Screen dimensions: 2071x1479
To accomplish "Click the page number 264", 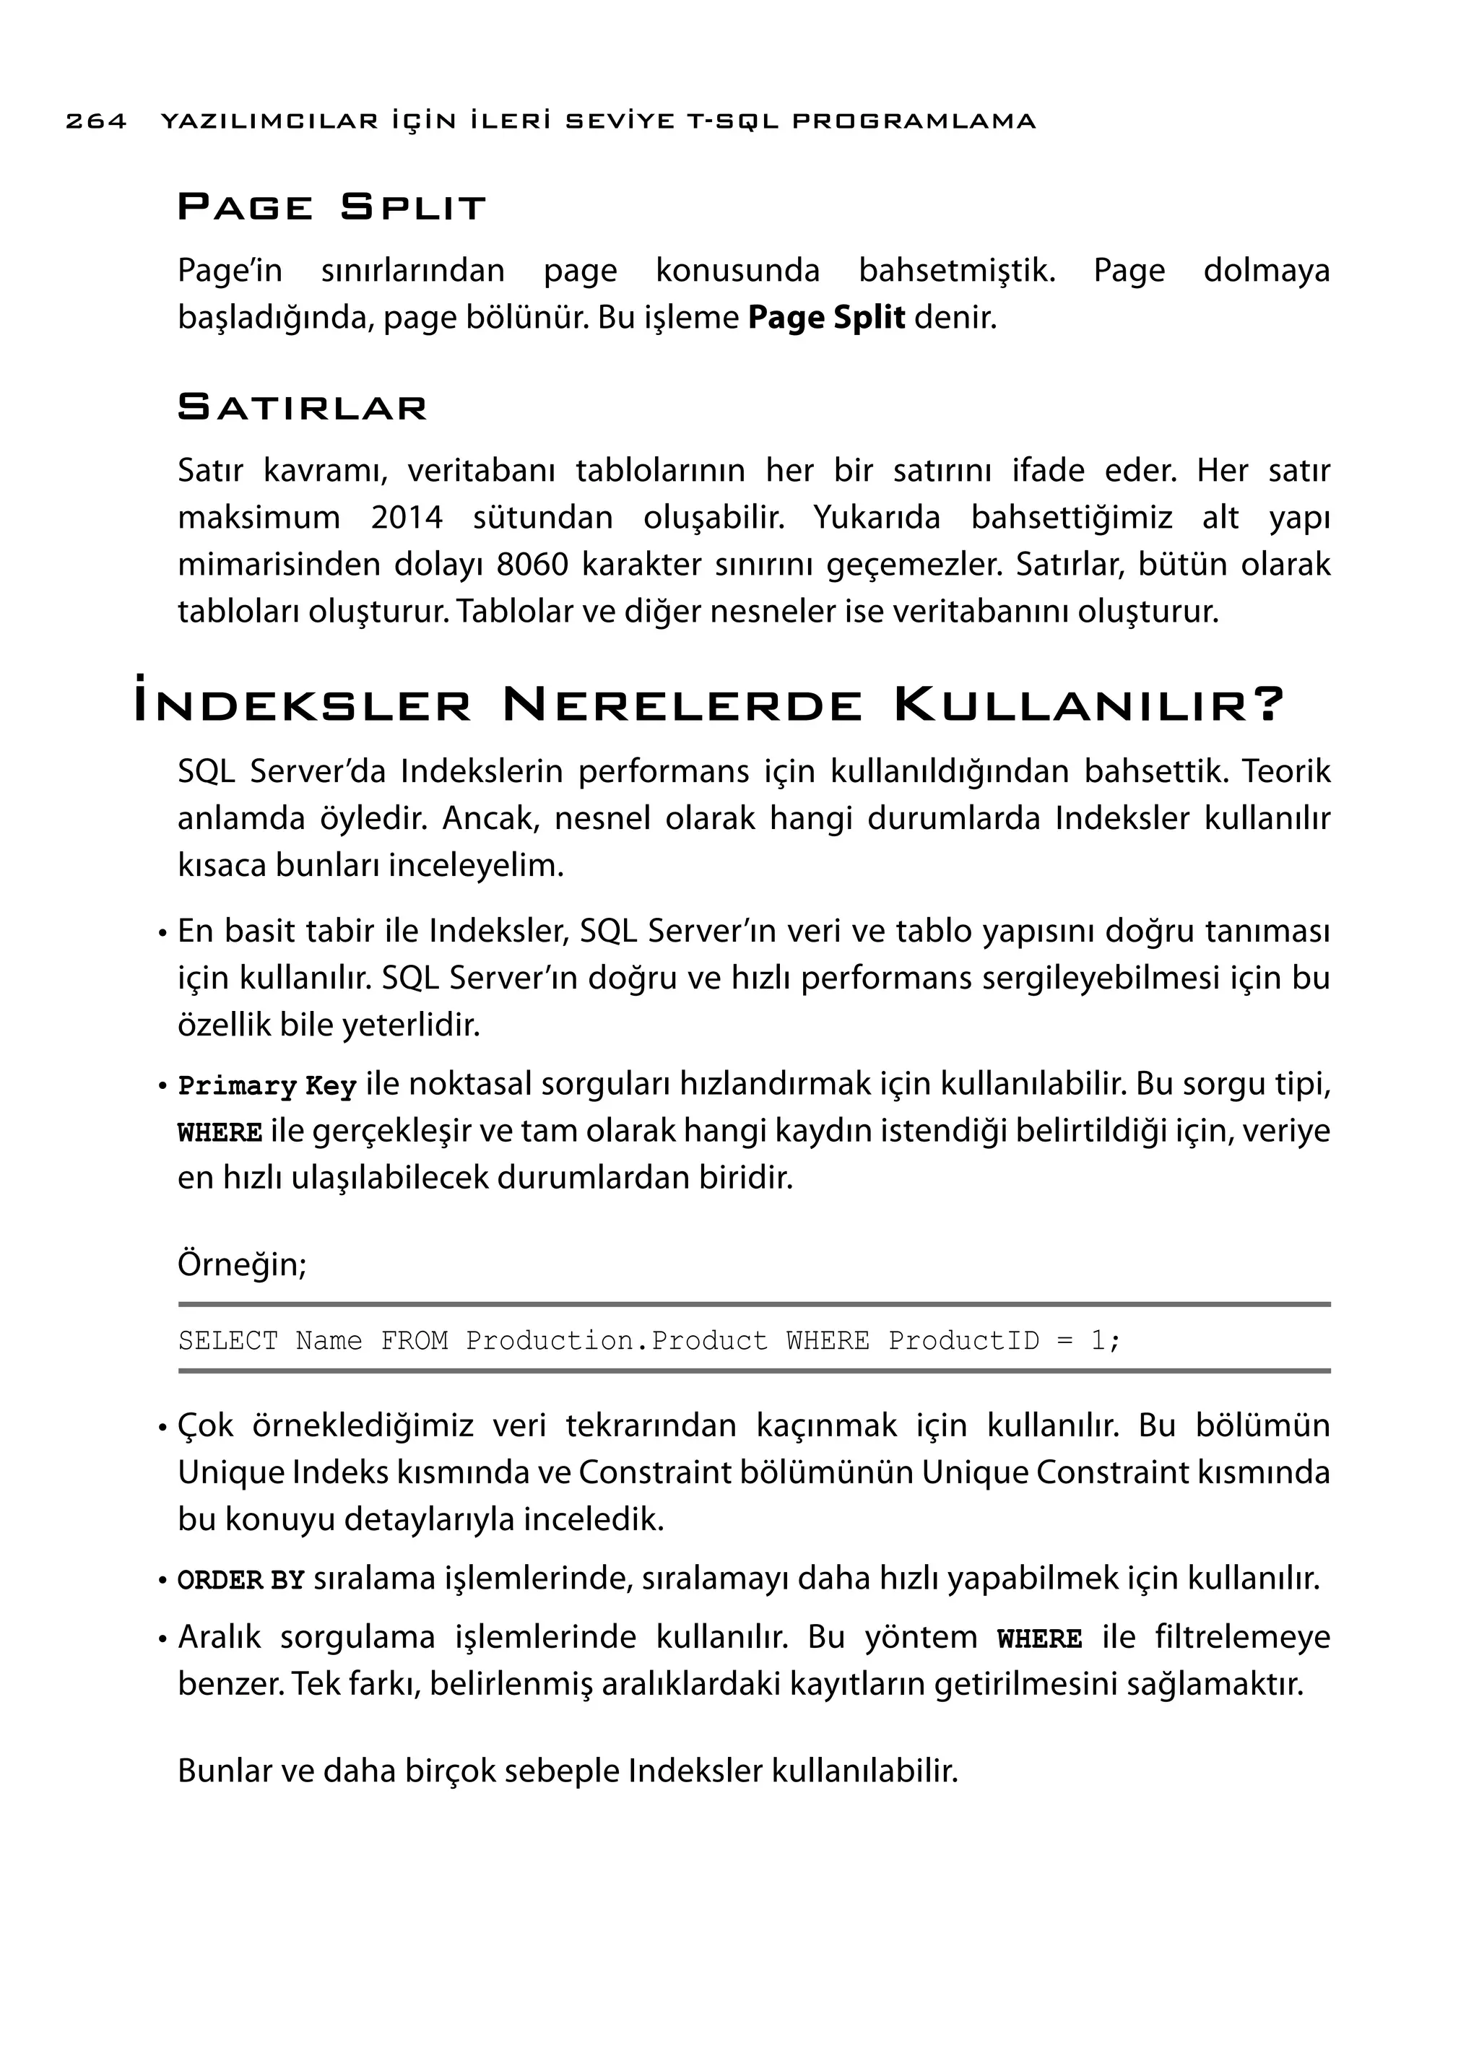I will pyautogui.click(x=95, y=121).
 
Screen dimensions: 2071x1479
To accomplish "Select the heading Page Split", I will pyautogui.click(x=331, y=208).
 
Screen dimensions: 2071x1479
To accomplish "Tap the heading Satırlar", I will pyautogui.click(x=301, y=407).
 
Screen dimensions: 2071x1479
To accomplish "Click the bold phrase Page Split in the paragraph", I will pyautogui.click(x=826, y=318).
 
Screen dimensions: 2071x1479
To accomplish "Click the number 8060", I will pyautogui.click(x=533, y=565).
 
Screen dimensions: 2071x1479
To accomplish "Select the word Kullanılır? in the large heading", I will pyautogui.click(x=1089, y=705).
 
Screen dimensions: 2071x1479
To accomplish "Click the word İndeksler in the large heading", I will pyautogui.click(x=303, y=705).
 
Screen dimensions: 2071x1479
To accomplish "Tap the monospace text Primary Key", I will pyautogui.click(x=266, y=1087).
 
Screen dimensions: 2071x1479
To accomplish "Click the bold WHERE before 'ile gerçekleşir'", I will pyautogui.click(x=220, y=1134).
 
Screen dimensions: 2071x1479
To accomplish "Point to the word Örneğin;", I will pyautogui.click(x=242, y=1264).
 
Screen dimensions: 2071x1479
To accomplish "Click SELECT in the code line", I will pyautogui.click(x=227, y=1341).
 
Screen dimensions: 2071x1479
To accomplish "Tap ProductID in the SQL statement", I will pyautogui.click(x=963, y=1341).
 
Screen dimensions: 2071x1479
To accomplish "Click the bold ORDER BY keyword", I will pyautogui.click(x=240, y=1580).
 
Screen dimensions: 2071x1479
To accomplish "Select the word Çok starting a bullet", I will pyautogui.click(x=206, y=1425).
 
